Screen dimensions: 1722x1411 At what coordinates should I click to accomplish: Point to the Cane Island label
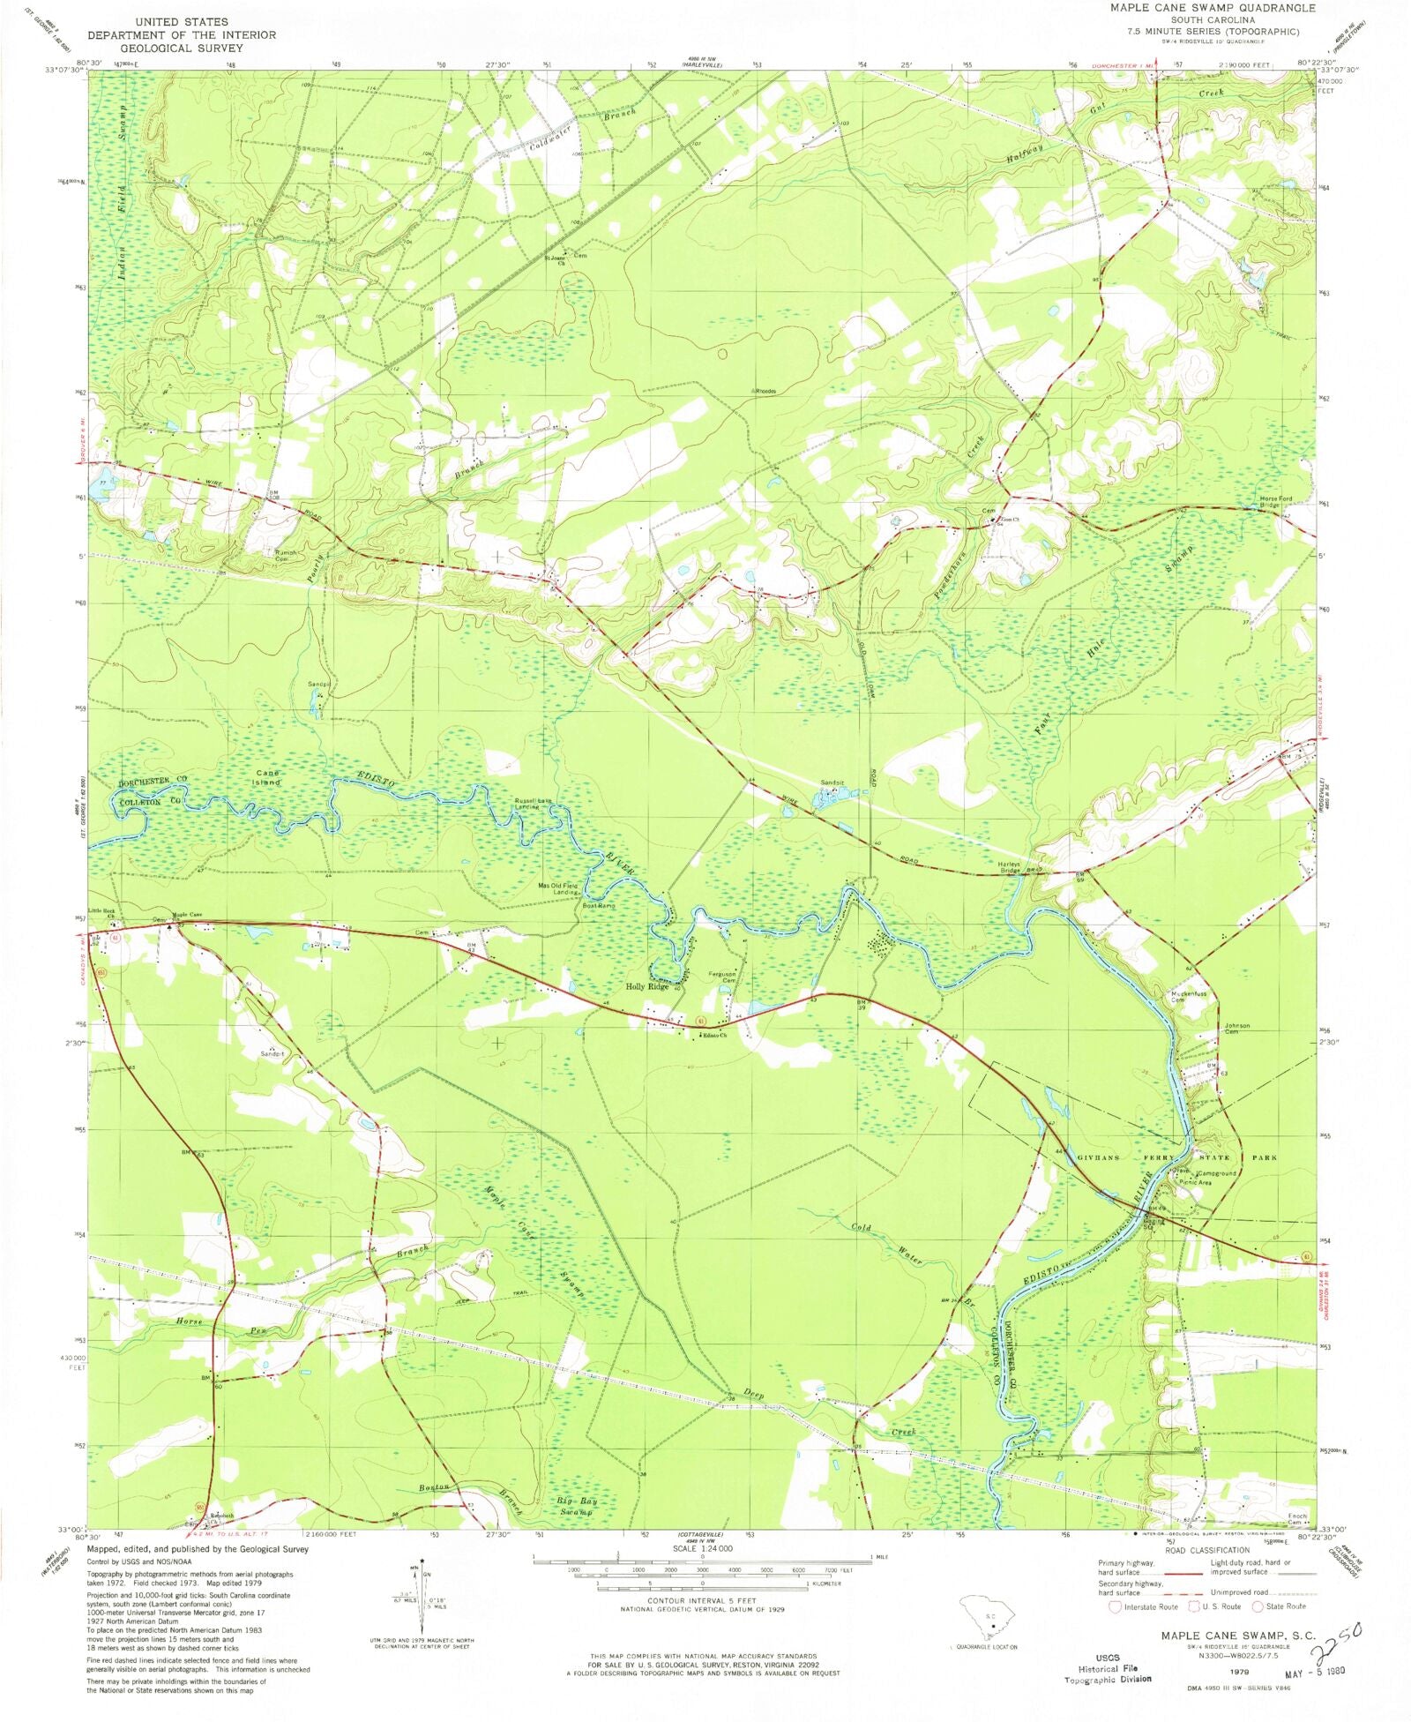pyautogui.click(x=265, y=777)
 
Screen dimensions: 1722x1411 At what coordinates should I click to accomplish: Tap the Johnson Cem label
pyautogui.click(x=1236, y=1029)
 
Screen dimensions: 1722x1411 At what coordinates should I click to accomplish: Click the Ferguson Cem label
pyautogui.click(x=722, y=977)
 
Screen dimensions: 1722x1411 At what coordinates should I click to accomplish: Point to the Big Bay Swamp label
pyautogui.click(x=574, y=1506)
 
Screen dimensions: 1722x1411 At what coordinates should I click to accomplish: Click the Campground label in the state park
pyautogui.click(x=1217, y=1174)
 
